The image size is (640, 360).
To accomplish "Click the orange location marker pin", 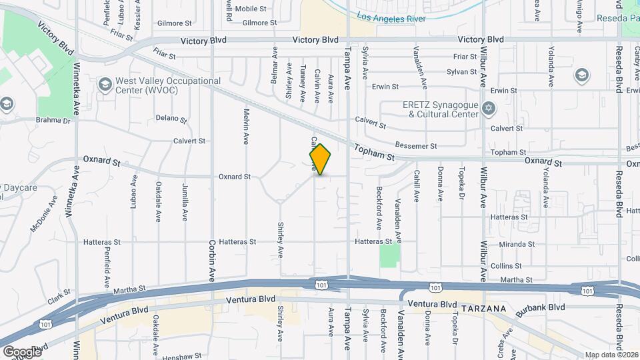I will coord(321,159).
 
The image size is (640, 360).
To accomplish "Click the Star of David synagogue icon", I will coord(489,108).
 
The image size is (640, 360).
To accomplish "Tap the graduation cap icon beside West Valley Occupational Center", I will coord(104,85).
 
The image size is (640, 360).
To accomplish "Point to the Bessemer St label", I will coord(415,145).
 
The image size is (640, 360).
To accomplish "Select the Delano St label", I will coord(170,119).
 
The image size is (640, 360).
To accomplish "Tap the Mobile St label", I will coord(251,9).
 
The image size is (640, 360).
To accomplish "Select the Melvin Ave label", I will coord(247,127).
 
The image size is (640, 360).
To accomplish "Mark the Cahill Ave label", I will coord(417,186).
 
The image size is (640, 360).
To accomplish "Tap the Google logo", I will coord(22,351).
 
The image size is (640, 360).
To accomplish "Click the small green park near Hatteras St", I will coord(389,255).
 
